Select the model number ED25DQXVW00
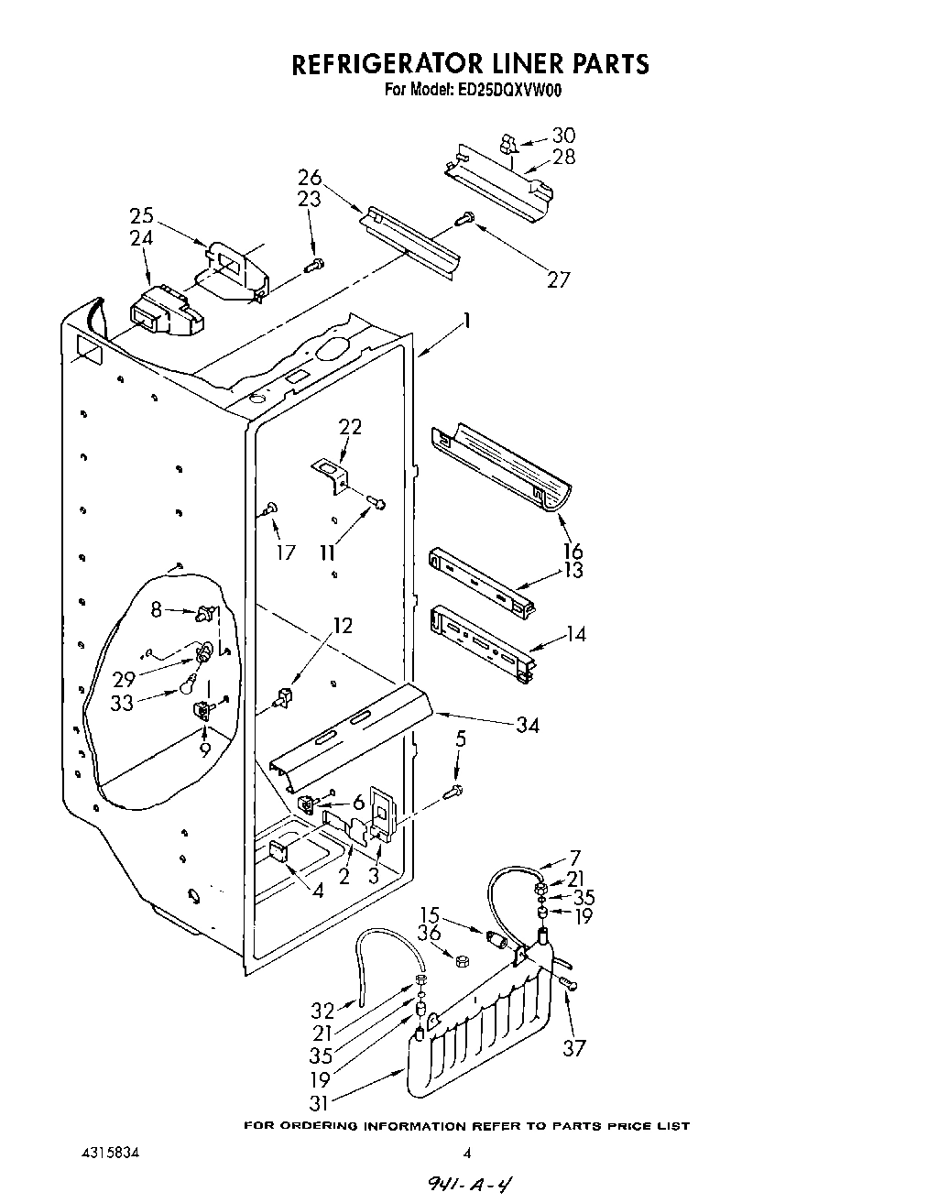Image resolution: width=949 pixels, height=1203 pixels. (507, 90)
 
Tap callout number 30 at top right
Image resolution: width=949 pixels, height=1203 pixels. (563, 136)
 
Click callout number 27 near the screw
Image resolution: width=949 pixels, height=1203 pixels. (559, 279)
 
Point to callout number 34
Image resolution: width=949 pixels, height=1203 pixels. (527, 726)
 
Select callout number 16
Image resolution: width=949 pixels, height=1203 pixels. (573, 551)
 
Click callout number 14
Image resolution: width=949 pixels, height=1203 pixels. (575, 633)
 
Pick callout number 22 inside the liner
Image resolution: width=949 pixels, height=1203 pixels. (350, 427)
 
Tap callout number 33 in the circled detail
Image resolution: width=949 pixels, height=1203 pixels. (122, 703)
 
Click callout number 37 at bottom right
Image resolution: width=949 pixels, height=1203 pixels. (573, 1047)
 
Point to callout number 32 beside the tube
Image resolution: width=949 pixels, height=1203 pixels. (322, 1012)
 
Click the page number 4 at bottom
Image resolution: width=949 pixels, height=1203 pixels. (466, 1153)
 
